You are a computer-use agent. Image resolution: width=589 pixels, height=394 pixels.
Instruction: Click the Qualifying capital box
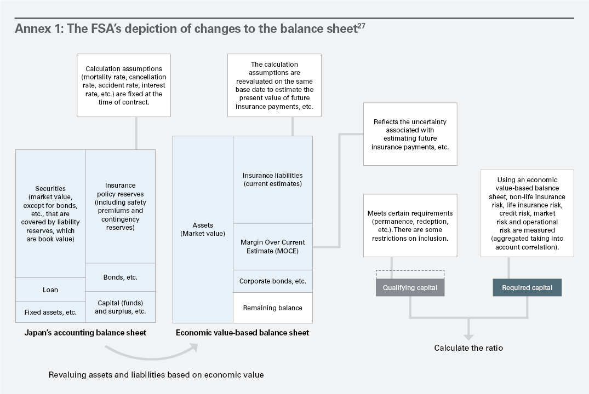click(410, 287)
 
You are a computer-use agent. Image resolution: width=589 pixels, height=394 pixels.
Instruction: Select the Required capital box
click(527, 287)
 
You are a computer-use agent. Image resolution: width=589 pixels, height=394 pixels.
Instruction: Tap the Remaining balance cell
click(273, 308)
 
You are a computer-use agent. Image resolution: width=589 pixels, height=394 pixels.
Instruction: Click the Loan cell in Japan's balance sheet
click(50, 289)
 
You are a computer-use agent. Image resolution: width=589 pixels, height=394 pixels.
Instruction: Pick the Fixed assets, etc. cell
click(50, 312)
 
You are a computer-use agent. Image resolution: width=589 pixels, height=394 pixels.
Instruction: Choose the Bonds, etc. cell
click(120, 277)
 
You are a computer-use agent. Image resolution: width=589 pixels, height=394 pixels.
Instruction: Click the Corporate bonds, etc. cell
click(273, 281)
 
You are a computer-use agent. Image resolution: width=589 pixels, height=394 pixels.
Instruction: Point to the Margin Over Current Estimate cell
click(273, 247)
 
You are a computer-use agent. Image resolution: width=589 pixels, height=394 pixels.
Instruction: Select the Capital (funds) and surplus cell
click(120, 307)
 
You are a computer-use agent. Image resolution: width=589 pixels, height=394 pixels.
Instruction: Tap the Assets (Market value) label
click(203, 229)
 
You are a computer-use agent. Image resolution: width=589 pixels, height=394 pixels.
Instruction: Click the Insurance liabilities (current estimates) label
click(273, 179)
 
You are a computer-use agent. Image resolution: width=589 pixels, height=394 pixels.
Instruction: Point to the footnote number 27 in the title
click(361, 26)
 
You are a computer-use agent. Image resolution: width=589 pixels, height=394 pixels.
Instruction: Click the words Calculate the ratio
click(468, 348)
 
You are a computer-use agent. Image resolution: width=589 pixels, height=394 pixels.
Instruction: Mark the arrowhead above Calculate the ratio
click(468, 337)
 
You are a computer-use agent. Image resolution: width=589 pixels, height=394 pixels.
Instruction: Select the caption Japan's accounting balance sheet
click(85, 333)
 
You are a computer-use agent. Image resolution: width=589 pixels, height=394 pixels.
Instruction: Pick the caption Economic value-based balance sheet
click(242, 333)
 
